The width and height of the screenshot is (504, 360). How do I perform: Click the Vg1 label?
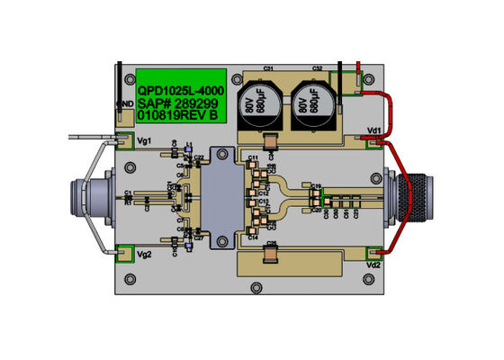[144, 141]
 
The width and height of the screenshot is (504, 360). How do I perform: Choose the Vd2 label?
[373, 266]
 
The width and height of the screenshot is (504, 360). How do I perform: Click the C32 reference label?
[317, 68]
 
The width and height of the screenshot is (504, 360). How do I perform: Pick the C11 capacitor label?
[253, 157]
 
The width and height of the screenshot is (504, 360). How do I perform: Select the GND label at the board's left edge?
[126, 104]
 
